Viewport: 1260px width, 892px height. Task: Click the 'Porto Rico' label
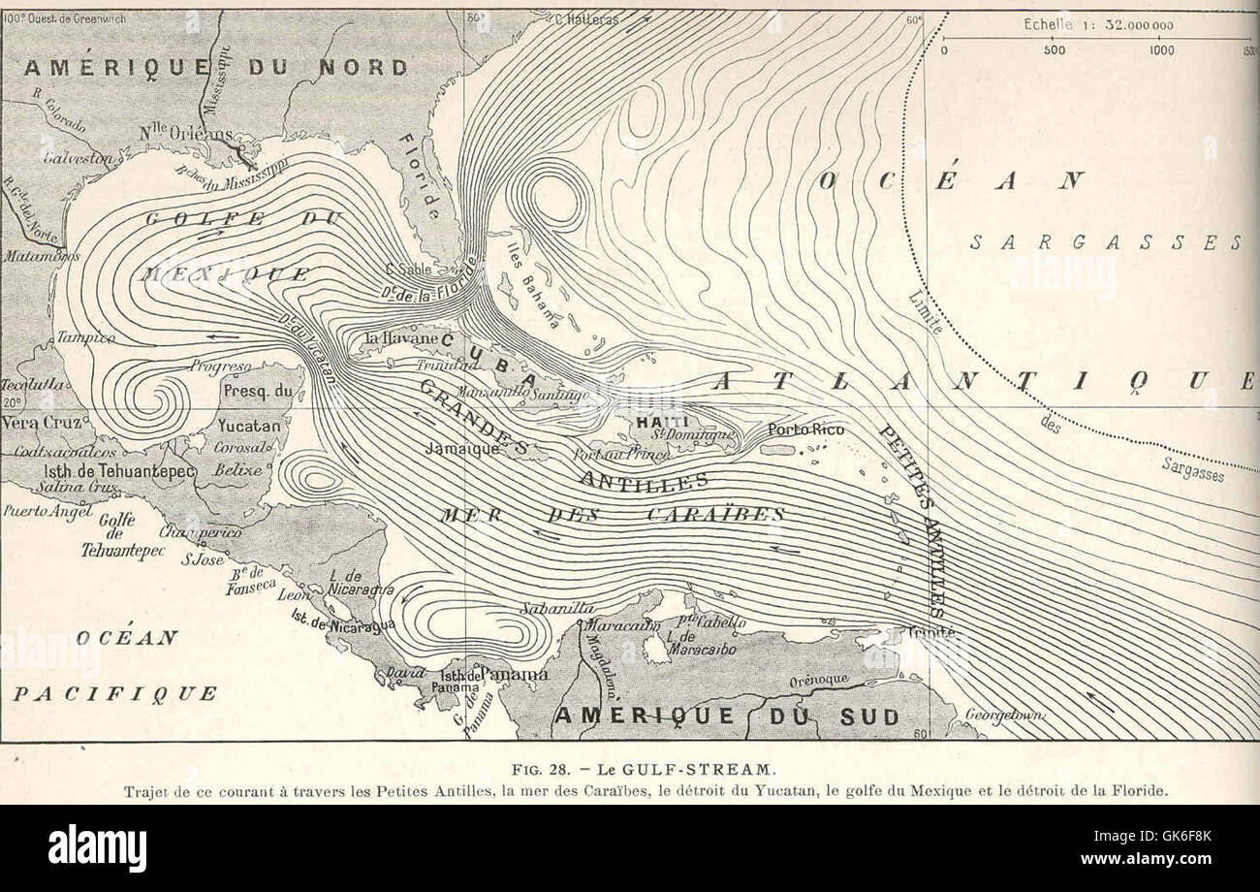[805, 429]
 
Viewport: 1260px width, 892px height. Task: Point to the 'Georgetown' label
[1004, 715]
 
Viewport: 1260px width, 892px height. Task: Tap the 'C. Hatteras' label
[587, 17]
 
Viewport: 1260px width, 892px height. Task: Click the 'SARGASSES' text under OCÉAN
[1105, 242]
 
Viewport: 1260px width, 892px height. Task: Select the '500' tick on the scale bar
[1054, 50]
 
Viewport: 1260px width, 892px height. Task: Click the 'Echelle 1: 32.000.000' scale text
[1098, 25]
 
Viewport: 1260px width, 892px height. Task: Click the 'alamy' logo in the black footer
[97, 847]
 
